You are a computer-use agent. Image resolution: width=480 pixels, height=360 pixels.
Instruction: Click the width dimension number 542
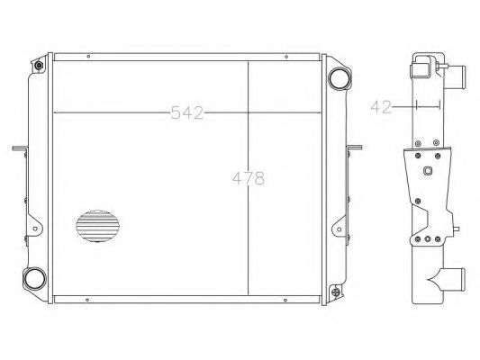pos(187,112)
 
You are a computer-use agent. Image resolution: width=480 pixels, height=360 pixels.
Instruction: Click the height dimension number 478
pos(249,178)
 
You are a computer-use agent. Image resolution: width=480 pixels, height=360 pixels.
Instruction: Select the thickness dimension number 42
pos(381,107)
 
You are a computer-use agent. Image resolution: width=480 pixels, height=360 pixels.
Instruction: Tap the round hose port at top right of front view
pos(340,78)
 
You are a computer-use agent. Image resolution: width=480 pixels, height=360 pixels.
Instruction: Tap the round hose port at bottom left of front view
pos(34,278)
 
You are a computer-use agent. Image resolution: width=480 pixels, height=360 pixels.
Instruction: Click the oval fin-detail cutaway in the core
pos(97,226)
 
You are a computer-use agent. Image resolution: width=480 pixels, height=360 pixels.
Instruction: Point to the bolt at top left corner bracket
pos(39,66)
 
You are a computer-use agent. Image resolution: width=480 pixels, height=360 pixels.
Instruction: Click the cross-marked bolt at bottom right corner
pos(336,292)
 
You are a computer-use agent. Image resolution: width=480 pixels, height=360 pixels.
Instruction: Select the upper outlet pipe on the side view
pos(455,76)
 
